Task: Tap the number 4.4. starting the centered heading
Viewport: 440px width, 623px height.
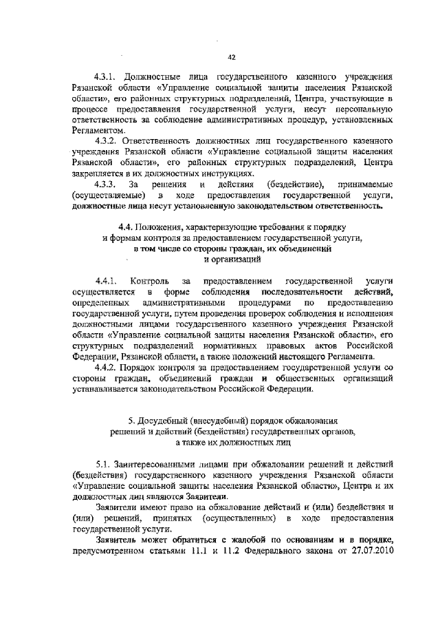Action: click(126, 226)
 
